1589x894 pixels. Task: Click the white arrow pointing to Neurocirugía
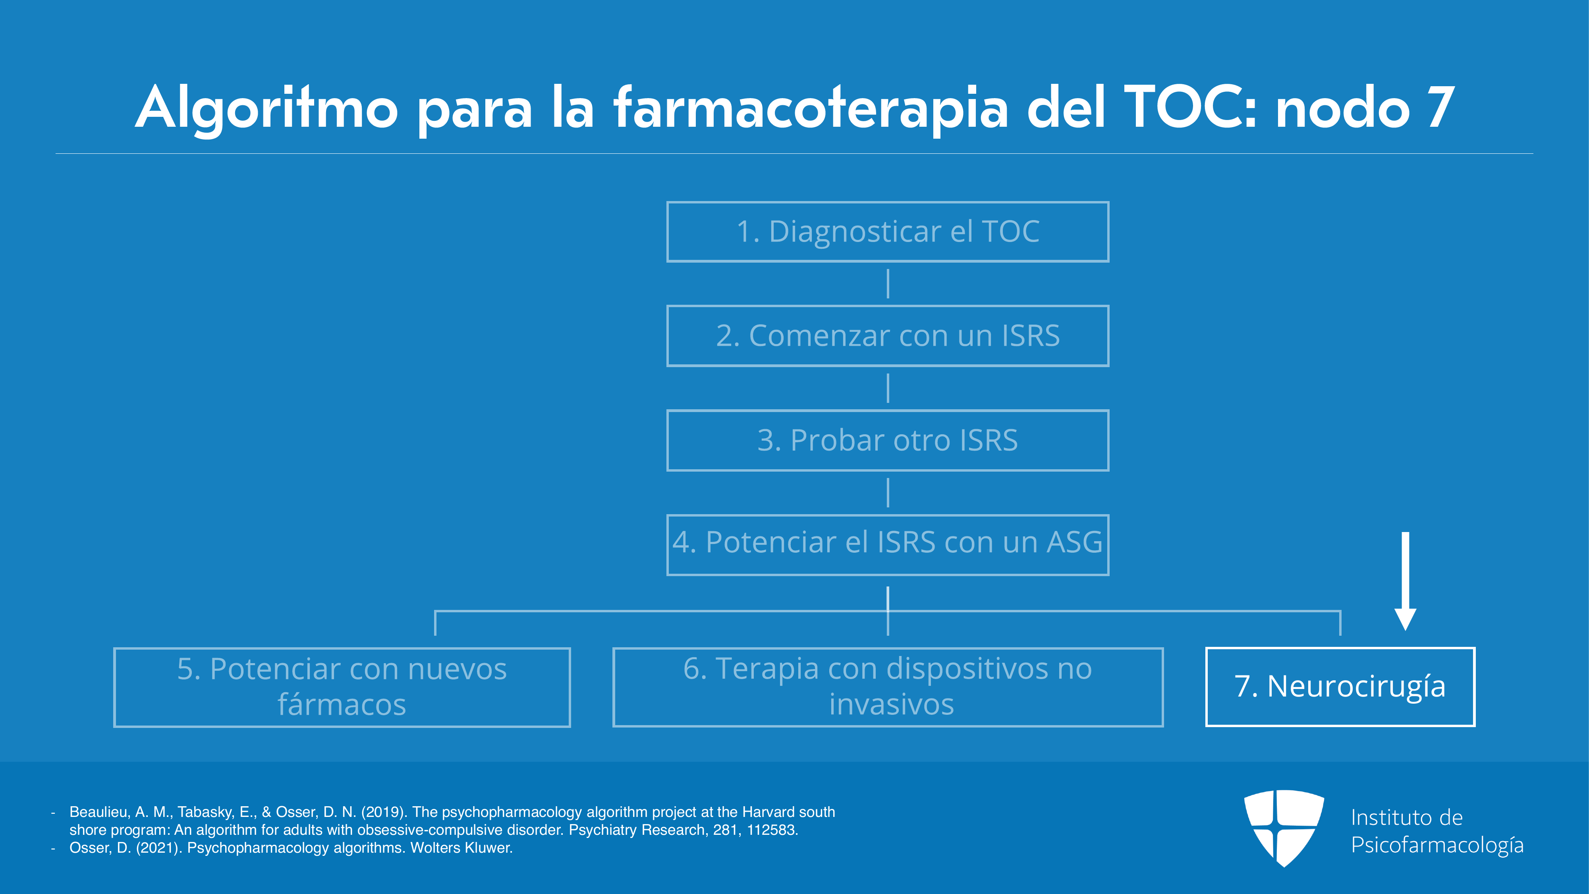pyautogui.click(x=1405, y=581)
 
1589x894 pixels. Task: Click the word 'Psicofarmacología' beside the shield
pyautogui.click(x=1437, y=845)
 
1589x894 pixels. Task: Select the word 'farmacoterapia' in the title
pyautogui.click(x=811, y=108)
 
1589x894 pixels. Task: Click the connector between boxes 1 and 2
pyautogui.click(x=888, y=284)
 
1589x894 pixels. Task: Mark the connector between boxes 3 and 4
pyautogui.click(x=888, y=492)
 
